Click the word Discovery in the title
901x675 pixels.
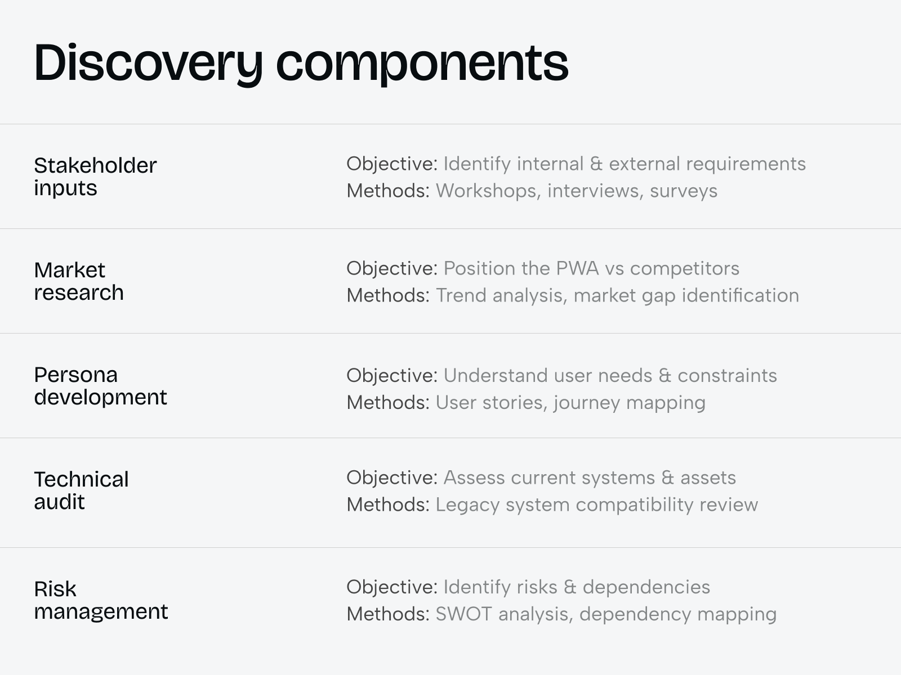[148, 63]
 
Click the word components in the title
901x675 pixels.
[422, 63]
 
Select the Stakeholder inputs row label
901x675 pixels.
[95, 177]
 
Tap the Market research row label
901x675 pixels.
[79, 281]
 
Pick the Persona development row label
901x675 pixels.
[100, 386]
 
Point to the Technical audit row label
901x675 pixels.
[81, 490]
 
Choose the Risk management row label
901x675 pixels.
[101, 600]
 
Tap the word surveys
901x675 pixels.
[684, 191]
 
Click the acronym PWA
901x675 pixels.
[577, 268]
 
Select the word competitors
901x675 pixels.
[684, 268]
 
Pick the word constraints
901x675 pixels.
[727, 375]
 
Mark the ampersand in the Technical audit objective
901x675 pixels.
[668, 478]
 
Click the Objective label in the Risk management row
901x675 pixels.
[391, 587]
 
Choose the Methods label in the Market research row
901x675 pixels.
[388, 295]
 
